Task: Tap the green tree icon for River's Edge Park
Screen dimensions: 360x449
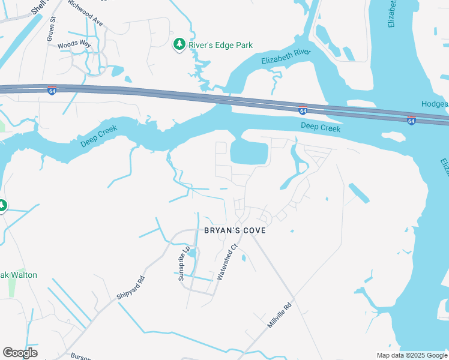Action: click(179, 44)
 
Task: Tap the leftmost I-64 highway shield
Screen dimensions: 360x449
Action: click(52, 91)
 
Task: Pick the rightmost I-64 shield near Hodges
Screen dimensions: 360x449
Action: click(411, 121)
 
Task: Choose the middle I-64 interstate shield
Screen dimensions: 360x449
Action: click(303, 110)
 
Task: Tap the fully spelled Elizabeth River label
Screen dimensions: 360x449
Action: click(286, 57)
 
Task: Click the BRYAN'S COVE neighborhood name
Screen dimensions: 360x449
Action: click(234, 230)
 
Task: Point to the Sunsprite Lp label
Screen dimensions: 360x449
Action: click(184, 263)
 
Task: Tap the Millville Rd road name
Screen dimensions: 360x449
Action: click(279, 314)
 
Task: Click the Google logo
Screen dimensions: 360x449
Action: click(20, 353)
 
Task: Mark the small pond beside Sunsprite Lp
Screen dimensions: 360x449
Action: click(192, 254)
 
